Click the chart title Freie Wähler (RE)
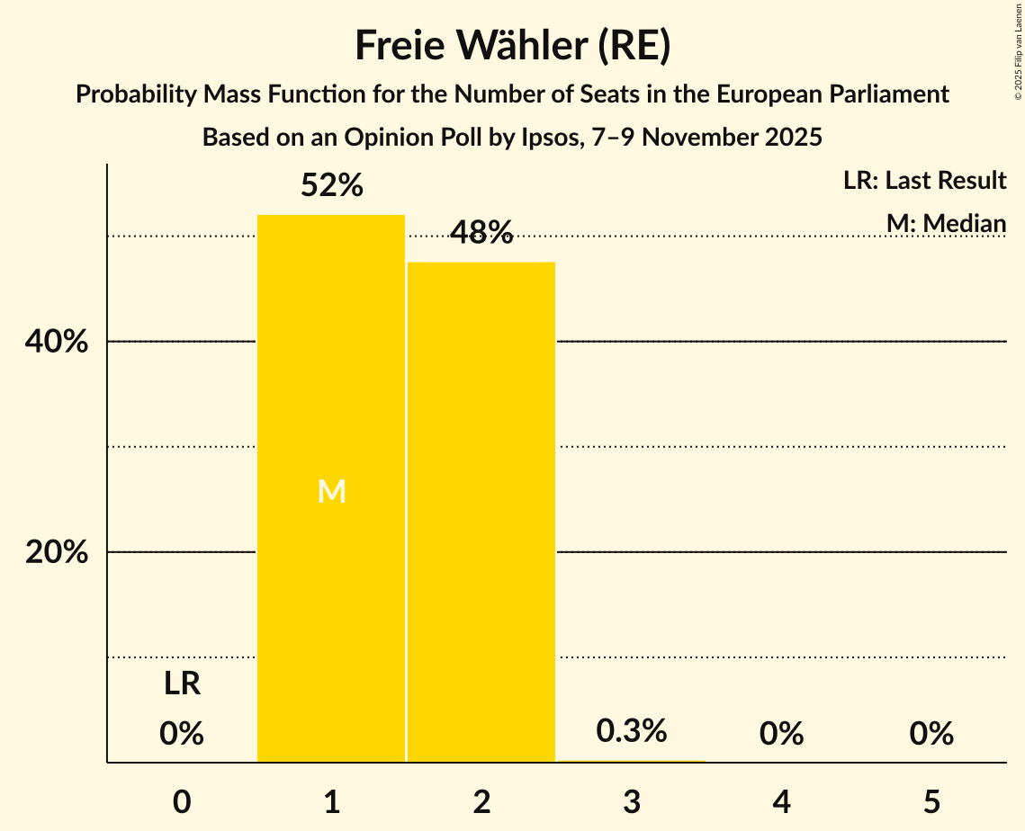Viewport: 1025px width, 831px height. pos(512,45)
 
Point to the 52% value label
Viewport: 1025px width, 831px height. pos(331,186)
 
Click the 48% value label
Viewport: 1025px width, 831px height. pos(481,234)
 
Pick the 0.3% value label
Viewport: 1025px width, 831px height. pos(632,730)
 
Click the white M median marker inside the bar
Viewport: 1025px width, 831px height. pos(331,491)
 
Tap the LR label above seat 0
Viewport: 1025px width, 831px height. pos(182,684)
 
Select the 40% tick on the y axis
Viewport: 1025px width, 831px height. pos(57,342)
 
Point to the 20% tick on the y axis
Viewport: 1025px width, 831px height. pos(57,552)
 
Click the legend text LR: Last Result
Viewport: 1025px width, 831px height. pos(924,181)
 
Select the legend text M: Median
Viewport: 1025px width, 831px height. pos(946,222)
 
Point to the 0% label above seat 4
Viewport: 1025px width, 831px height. pos(781,734)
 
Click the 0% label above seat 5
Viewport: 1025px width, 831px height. pos(931,734)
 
